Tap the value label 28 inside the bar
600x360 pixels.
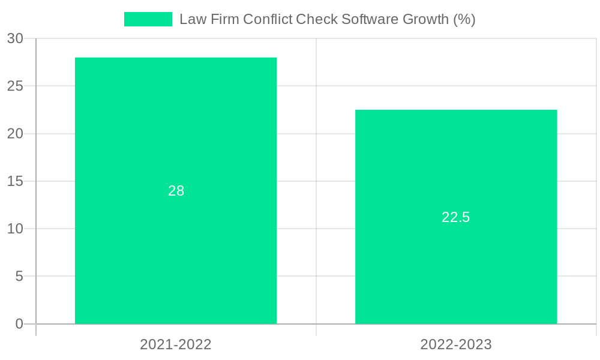point(176,191)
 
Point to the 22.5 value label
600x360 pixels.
point(456,217)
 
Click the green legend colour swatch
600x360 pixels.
point(148,19)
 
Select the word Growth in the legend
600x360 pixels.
point(425,19)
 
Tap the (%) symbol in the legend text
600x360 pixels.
point(464,19)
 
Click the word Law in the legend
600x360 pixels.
point(191,19)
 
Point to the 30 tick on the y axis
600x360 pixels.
point(15,38)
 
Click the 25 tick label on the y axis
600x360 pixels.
point(15,86)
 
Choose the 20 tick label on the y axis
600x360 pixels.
point(15,133)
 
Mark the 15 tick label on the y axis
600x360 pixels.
point(15,181)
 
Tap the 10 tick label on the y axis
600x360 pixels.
point(15,229)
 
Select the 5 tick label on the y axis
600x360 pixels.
point(19,276)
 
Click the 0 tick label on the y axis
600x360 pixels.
point(19,324)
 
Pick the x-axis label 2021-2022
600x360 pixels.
point(176,344)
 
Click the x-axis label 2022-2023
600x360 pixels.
point(456,344)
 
